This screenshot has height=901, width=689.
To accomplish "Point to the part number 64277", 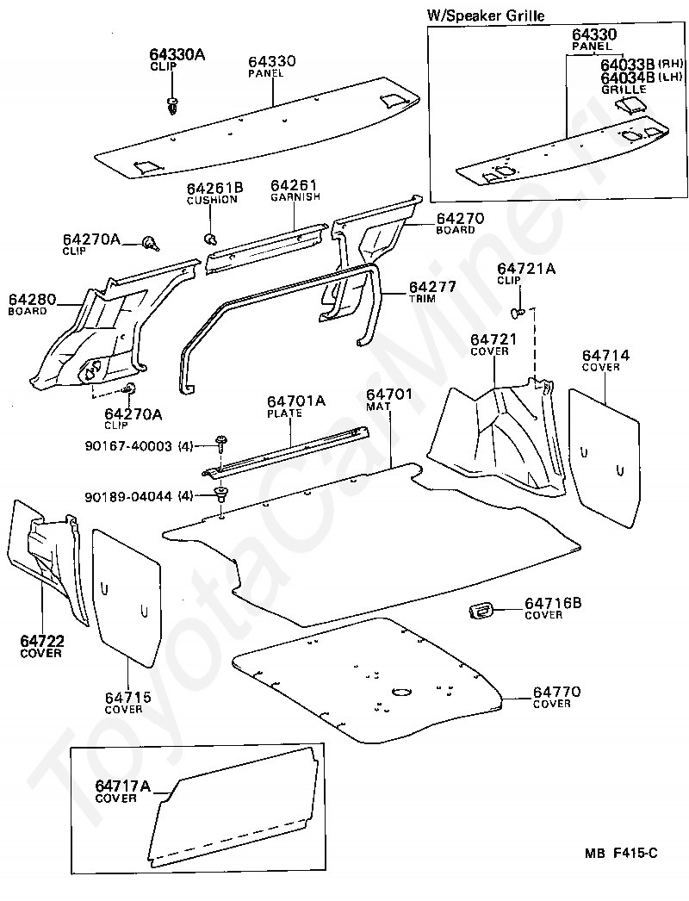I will [x=432, y=286].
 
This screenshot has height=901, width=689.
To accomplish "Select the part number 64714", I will [x=605, y=355].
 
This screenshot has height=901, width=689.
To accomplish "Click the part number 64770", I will [x=556, y=692].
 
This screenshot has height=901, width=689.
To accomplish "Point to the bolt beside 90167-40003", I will [x=221, y=444].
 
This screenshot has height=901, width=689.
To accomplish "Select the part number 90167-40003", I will [x=128, y=445].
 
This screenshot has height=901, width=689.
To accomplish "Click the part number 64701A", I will [x=295, y=401].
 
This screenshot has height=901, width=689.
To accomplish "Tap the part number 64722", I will [x=42, y=640].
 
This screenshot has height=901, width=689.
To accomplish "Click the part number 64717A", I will [x=122, y=786].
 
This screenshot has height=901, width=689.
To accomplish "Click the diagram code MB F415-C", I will [x=620, y=853].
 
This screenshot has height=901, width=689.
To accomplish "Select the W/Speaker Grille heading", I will [x=486, y=16].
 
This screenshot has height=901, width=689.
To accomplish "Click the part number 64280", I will [x=33, y=299].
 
